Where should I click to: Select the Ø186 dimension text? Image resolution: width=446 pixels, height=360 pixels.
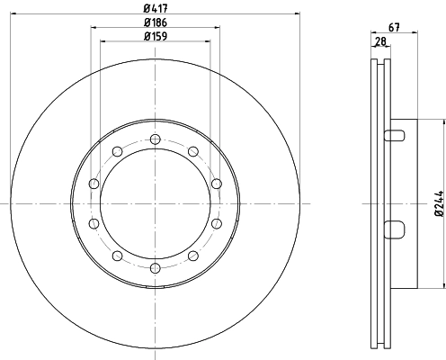pyautogui.click(x=155, y=22)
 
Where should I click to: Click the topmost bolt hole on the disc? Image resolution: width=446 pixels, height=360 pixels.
pyautogui.click(x=155, y=139)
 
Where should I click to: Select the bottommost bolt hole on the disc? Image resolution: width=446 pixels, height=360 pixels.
pyautogui.click(x=155, y=268)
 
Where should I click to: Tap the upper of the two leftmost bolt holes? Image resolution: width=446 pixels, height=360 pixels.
pyautogui.click(x=93, y=184)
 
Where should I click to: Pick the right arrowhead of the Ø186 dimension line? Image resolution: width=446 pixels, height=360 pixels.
pyautogui.click(x=217, y=28)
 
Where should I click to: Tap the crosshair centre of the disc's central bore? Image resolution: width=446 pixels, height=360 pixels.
pyautogui.click(x=155, y=204)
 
